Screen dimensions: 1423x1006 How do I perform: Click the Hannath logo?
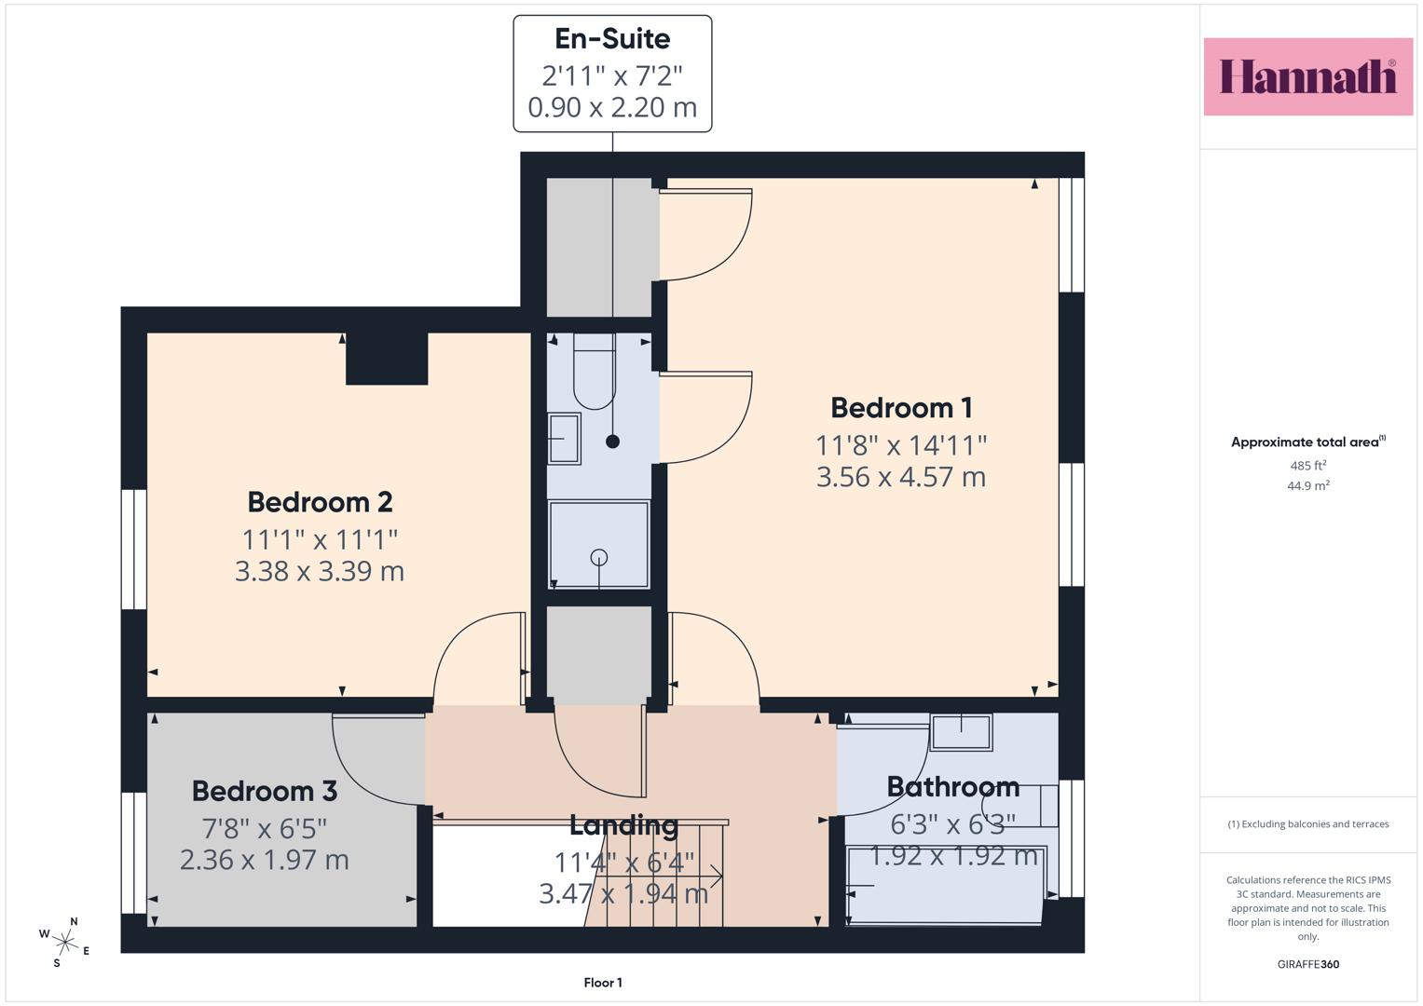coord(1308,76)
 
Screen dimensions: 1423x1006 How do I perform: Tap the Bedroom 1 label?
coord(901,408)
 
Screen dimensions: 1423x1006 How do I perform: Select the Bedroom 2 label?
coord(320,502)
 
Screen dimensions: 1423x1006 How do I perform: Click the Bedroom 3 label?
coord(265,792)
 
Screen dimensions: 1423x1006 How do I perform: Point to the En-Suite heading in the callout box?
coord(612,39)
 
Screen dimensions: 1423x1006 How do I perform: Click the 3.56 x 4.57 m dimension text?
coord(901,477)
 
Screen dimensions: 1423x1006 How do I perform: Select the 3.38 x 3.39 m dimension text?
coord(320,571)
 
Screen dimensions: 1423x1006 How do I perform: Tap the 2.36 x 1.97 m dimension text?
coord(265,860)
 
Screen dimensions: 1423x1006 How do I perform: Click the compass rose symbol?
coord(65,943)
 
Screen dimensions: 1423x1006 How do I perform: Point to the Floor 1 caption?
coord(603,983)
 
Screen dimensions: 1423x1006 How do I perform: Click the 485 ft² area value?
coord(1308,466)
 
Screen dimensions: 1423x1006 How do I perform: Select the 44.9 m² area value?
coord(1308,486)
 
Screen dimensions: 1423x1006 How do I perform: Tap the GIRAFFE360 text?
coord(1308,964)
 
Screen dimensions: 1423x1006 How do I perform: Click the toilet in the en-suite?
coord(595,371)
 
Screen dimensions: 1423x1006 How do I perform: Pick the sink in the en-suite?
coord(564,439)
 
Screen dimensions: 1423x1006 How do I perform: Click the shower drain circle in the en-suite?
coord(599,558)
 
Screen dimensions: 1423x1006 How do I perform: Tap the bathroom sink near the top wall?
coord(961,732)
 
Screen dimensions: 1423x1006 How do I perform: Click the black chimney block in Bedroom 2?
coord(387,359)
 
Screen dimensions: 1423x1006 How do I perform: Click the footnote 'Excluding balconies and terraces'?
coord(1308,824)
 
